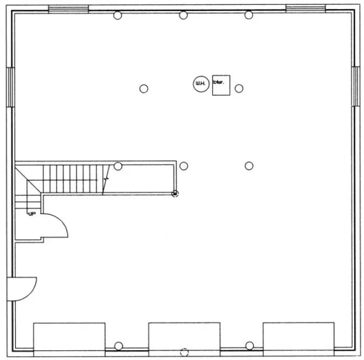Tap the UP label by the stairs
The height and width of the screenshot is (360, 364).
[x=32, y=214]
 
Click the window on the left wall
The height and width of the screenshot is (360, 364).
[x=10, y=86]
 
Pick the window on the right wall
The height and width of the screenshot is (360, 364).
[x=355, y=86]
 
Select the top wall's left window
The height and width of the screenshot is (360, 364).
[x=68, y=9]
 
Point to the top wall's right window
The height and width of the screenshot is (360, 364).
[x=305, y=9]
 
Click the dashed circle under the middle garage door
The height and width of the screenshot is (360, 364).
[x=184, y=351]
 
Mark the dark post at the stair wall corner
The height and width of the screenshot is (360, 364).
[x=175, y=194]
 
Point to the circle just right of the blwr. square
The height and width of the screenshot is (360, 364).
[x=239, y=88]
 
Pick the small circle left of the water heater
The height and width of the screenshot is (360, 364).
[x=144, y=89]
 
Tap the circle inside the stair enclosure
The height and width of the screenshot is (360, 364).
[x=118, y=166]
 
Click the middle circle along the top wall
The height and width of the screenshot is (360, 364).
[x=184, y=15]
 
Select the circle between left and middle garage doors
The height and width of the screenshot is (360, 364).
[x=119, y=346]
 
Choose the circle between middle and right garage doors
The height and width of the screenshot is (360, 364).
[x=249, y=345]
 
